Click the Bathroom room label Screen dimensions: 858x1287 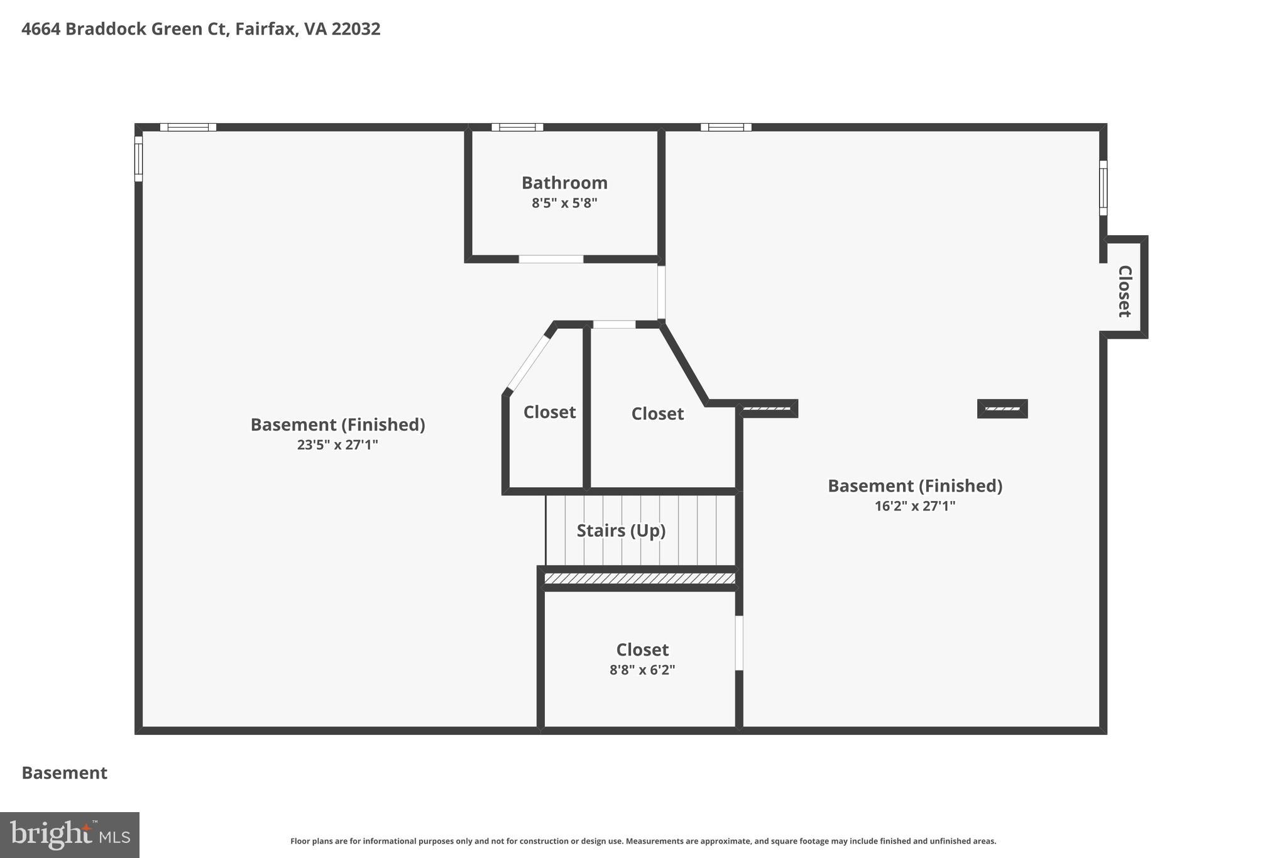tap(564, 183)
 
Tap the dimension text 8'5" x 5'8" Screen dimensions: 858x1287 tap(564, 203)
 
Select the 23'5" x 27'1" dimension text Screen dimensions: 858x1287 tap(337, 445)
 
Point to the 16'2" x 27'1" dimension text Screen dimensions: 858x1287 tap(914, 506)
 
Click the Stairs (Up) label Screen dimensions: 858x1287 tap(621, 531)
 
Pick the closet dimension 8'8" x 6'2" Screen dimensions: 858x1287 tap(642, 670)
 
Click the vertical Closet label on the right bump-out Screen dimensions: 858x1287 tap(1124, 291)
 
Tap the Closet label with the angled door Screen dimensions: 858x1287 tap(549, 412)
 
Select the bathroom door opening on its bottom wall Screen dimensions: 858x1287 tap(550, 259)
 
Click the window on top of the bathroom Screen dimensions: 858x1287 tap(517, 127)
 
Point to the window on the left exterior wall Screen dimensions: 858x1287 tap(138, 158)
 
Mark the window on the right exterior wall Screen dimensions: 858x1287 tap(1103, 187)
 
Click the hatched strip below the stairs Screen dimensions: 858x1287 tap(639, 578)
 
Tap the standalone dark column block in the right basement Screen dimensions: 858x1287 tap(1002, 409)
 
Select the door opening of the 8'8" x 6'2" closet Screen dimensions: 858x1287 tap(739, 642)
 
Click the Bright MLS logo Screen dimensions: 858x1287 tap(70, 835)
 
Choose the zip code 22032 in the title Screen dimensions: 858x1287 tap(356, 29)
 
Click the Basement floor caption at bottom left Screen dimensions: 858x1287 tap(64, 773)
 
